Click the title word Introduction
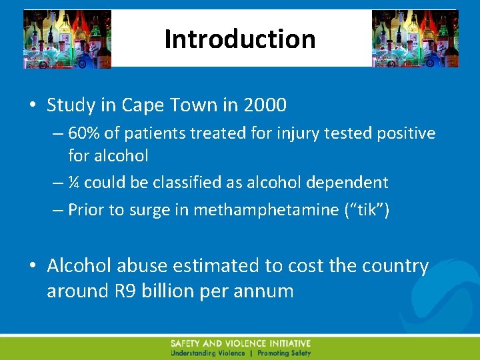(240, 39)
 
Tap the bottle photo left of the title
(67, 39)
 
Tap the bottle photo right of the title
(415, 39)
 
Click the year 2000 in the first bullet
(265, 105)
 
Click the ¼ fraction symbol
(74, 183)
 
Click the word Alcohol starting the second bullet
(79, 266)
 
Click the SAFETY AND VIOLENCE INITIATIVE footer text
(241, 343)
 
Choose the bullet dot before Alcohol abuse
(33, 267)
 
